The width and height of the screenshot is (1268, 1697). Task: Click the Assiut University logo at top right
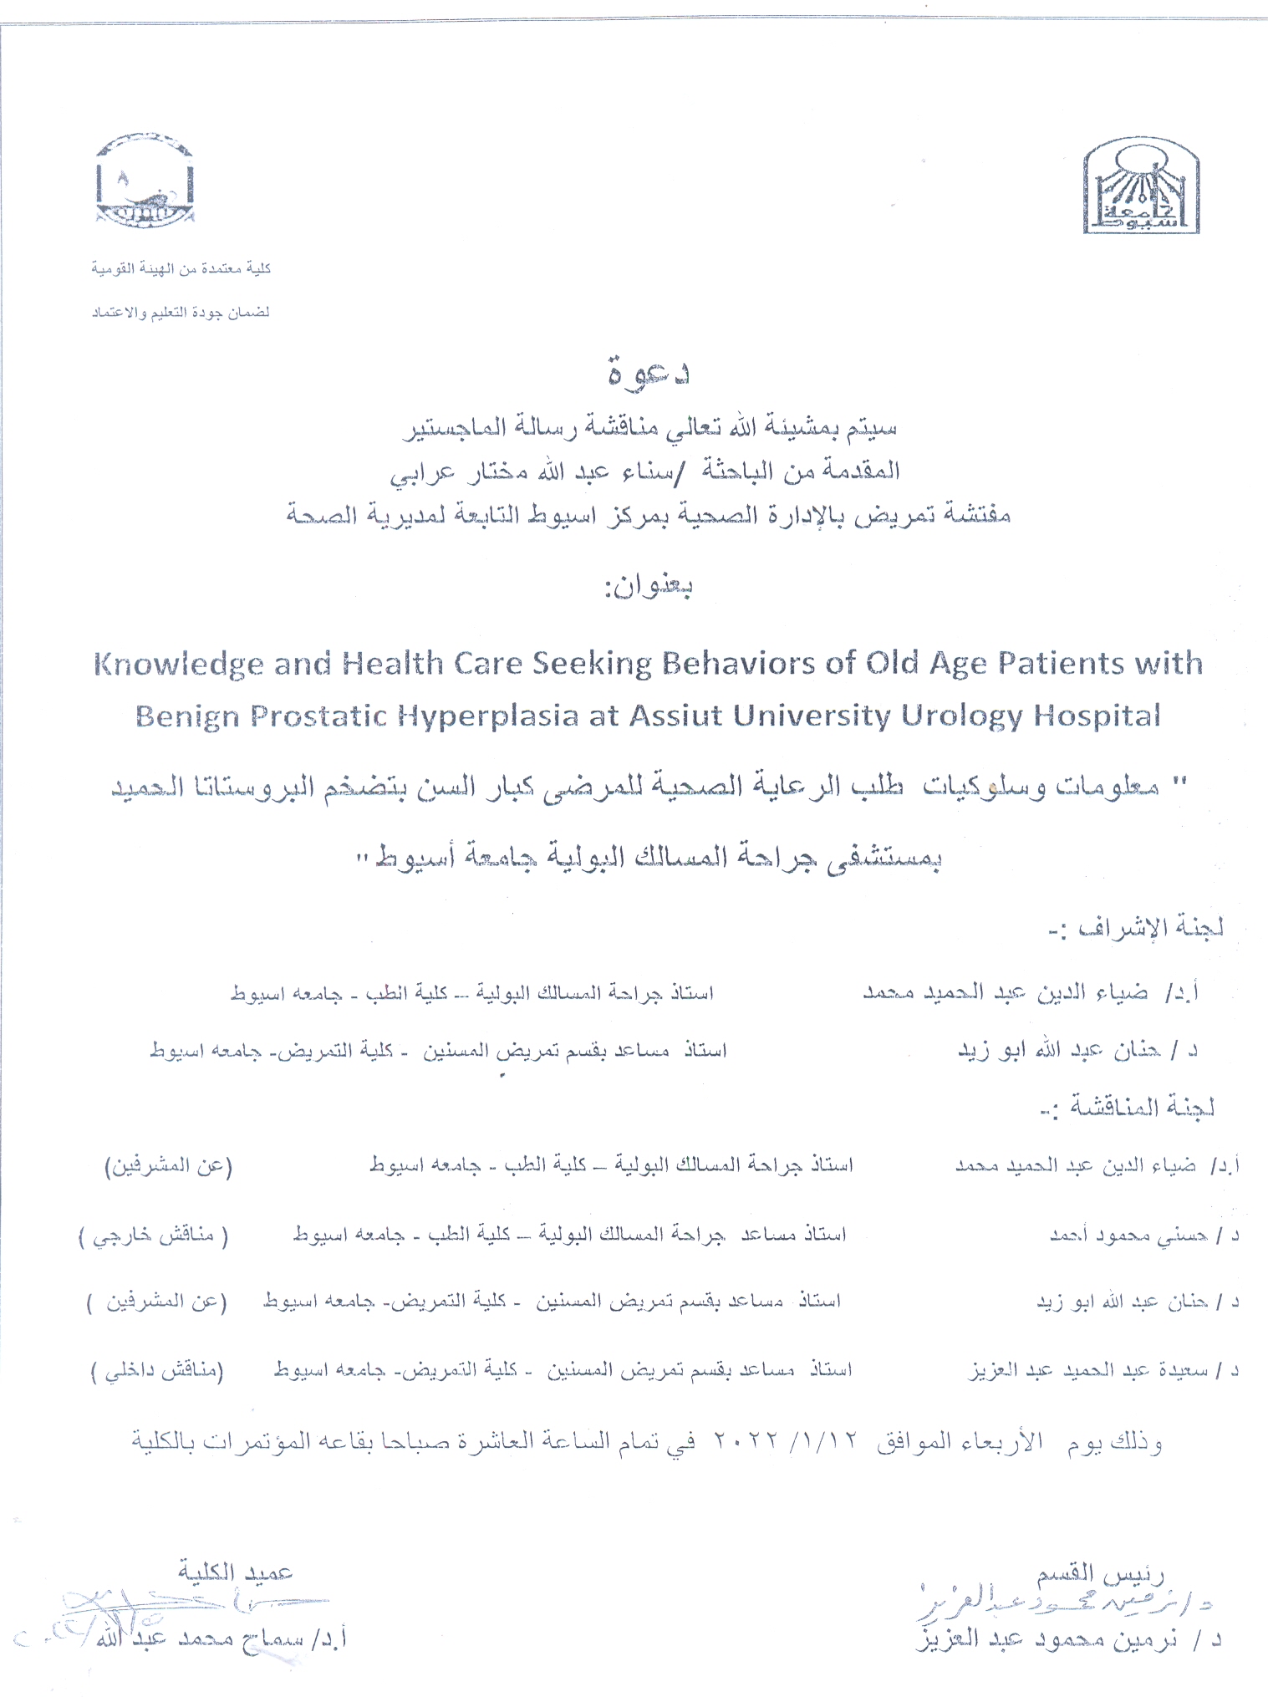tap(1141, 186)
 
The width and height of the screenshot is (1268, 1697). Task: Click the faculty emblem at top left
tap(145, 181)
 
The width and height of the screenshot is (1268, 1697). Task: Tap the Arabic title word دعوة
tap(649, 372)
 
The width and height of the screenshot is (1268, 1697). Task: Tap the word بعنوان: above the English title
tap(649, 587)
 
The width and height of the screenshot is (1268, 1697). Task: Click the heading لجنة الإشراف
tap(1136, 928)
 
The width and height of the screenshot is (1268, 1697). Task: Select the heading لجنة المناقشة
tap(1127, 1108)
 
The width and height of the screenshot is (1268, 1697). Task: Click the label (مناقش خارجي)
tap(154, 1235)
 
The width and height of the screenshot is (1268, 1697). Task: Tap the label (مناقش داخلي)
tap(157, 1371)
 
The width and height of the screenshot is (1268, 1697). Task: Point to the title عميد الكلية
tap(235, 1572)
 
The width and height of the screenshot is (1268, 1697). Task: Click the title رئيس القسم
tap(1100, 1575)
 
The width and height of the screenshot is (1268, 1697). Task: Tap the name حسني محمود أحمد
tap(1128, 1236)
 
